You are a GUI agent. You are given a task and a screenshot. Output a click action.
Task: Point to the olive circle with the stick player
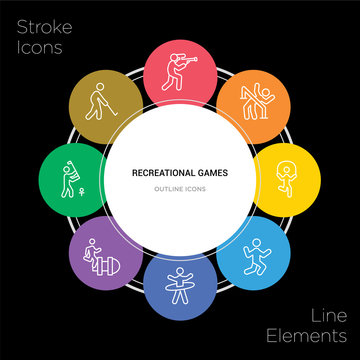pos(102,102)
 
